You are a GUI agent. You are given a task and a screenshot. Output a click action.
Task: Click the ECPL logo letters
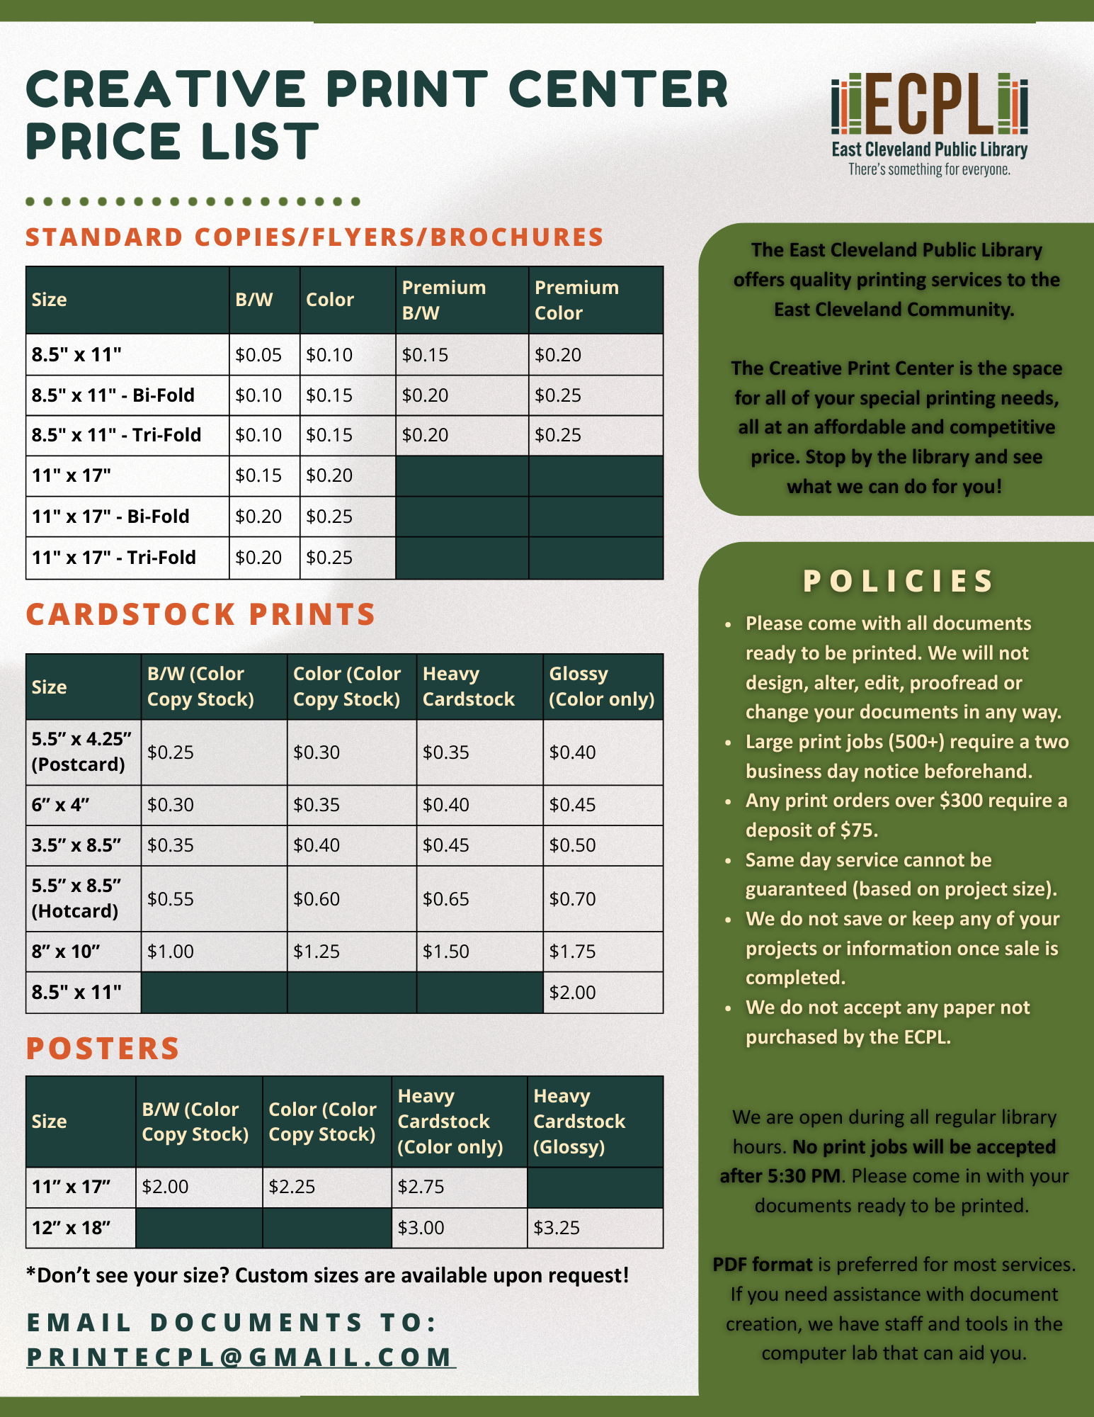pyautogui.click(x=929, y=104)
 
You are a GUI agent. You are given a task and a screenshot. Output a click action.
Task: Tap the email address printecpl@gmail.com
pyautogui.click(x=241, y=1357)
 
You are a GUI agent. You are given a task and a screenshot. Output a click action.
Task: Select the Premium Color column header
pyautogui.click(x=576, y=300)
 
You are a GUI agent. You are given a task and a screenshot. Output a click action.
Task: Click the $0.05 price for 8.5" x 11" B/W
pyautogui.click(x=258, y=355)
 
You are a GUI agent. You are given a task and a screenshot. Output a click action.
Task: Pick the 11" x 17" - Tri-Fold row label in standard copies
pyautogui.click(x=113, y=558)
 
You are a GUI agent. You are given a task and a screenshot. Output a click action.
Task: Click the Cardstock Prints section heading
pyautogui.click(x=200, y=614)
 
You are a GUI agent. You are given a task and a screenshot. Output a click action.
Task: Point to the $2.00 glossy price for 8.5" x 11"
pyautogui.click(x=573, y=992)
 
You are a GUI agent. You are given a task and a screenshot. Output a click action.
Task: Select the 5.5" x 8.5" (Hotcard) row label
pyautogui.click(x=76, y=898)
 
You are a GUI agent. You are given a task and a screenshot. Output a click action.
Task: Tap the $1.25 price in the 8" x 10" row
pyautogui.click(x=317, y=952)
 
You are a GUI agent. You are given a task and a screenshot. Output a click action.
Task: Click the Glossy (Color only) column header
pyautogui.click(x=602, y=687)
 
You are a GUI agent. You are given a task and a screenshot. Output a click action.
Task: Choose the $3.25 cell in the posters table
pyautogui.click(x=557, y=1228)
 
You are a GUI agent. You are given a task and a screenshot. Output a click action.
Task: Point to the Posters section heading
pyautogui.click(x=103, y=1049)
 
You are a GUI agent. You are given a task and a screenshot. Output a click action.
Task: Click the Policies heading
pyautogui.click(x=898, y=582)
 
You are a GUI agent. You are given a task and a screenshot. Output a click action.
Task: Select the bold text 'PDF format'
pyautogui.click(x=762, y=1265)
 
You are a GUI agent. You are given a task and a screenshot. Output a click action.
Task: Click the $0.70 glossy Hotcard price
pyautogui.click(x=573, y=899)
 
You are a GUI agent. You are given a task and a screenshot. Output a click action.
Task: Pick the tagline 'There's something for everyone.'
pyautogui.click(x=929, y=170)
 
